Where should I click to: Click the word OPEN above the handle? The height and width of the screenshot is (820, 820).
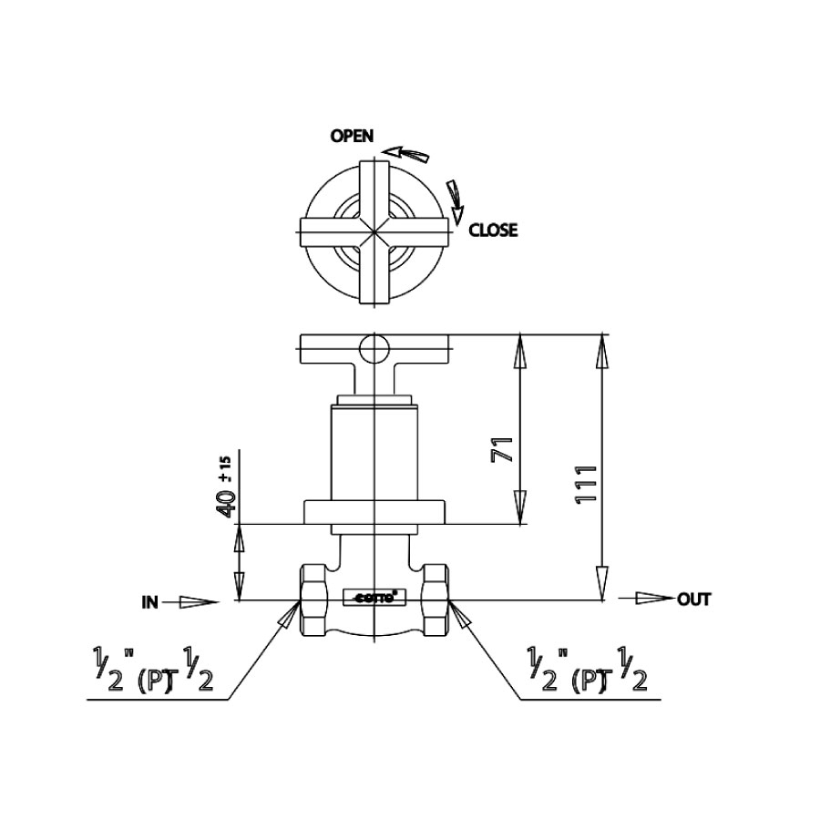[x=352, y=136]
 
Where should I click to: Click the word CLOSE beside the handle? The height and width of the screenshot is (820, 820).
[x=492, y=231]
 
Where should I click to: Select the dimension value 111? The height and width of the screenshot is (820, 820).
[x=587, y=477]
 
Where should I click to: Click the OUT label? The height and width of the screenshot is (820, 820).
[x=693, y=599]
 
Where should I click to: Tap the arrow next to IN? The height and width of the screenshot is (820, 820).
[x=197, y=601]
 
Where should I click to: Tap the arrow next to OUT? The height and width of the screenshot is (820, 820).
[x=647, y=599]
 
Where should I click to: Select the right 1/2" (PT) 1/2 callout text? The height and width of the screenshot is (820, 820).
[x=588, y=671]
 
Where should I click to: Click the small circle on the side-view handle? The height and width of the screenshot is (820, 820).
[x=374, y=347]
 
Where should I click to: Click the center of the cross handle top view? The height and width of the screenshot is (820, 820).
[x=374, y=231]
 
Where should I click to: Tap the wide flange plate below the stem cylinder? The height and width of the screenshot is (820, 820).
[x=374, y=512]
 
